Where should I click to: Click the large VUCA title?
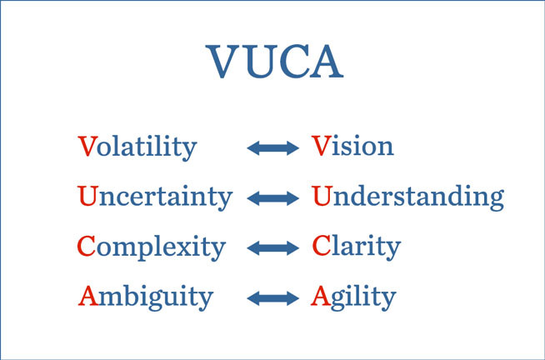[275, 62]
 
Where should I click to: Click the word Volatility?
[137, 147]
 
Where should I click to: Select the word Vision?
[352, 145]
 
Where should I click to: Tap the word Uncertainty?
[155, 197]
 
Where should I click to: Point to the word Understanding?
[408, 197]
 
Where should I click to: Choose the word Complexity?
[151, 247]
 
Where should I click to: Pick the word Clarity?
[357, 247]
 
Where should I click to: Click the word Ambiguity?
[146, 297]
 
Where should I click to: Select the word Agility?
[353, 297]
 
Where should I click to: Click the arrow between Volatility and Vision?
[272, 148]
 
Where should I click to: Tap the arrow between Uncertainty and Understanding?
[272, 198]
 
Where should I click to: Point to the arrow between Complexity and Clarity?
[272, 248]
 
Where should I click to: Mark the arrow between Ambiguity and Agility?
[272, 298]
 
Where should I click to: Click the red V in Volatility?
[87, 146]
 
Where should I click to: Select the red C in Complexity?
[86, 246]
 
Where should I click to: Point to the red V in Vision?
[321, 146]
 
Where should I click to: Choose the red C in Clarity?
[322, 246]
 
